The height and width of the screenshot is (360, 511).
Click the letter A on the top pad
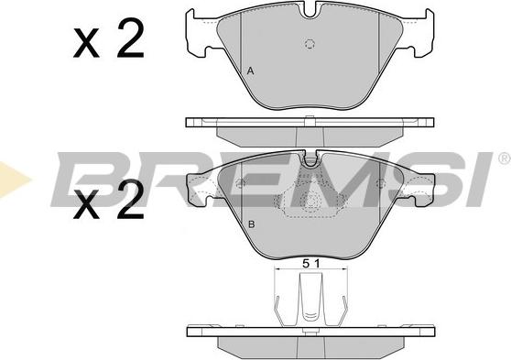250,71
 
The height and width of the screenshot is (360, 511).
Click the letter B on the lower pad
251,224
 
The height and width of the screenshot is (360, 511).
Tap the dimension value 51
311,263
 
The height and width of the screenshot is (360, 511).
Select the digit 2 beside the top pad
131,38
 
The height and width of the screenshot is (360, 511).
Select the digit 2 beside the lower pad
131,199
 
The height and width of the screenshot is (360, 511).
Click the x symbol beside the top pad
86,43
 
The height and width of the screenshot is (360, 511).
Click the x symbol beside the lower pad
86,204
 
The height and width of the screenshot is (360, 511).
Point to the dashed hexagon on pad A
310,44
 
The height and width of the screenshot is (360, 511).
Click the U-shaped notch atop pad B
310,160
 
